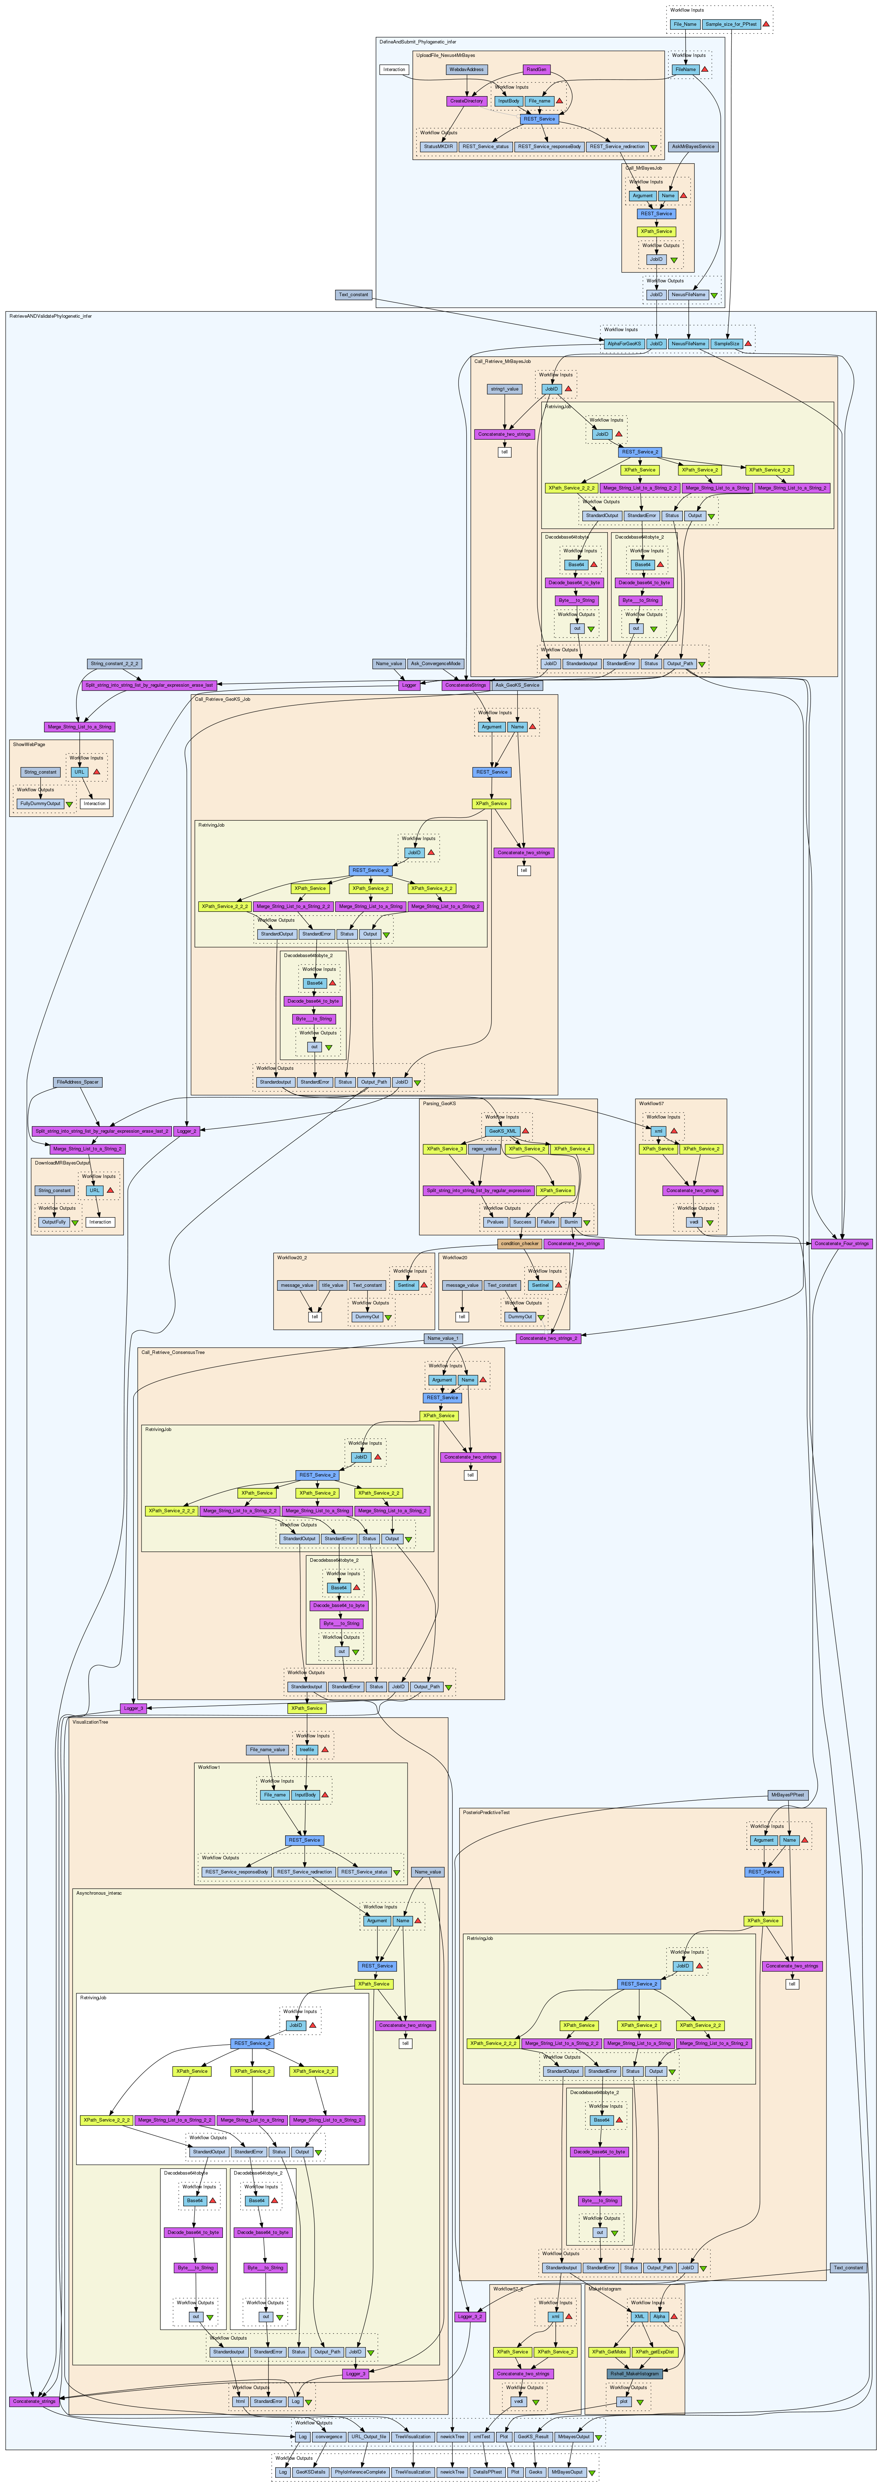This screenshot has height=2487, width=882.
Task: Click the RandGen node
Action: [x=537, y=70]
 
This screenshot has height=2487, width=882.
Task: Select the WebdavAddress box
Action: [x=467, y=70]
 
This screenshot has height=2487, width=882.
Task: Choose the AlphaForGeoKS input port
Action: [x=623, y=344]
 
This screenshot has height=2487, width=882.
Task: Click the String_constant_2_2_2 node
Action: [x=115, y=664]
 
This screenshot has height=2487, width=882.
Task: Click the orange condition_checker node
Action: [x=519, y=1243]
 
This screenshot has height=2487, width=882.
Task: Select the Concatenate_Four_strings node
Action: [x=841, y=1243]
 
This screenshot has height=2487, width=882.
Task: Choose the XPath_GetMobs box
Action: [x=610, y=2352]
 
